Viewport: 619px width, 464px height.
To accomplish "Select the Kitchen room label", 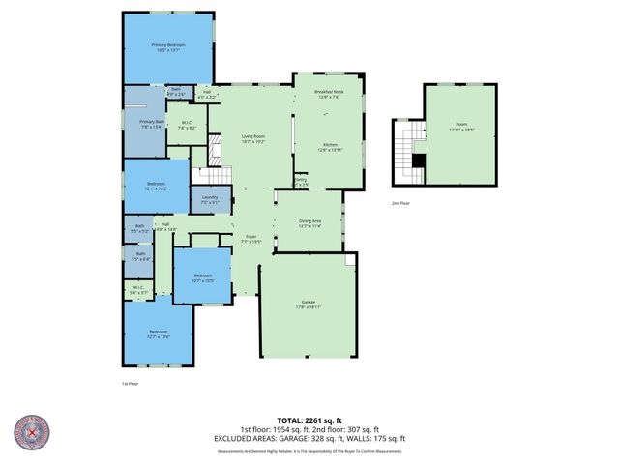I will coord(329,147).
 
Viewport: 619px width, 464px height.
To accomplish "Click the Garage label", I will coord(309,304).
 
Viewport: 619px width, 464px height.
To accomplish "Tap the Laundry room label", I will coord(210,200).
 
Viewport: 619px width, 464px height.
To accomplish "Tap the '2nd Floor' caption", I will coord(400,204).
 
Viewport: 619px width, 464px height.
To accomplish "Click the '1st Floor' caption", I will coord(132,384).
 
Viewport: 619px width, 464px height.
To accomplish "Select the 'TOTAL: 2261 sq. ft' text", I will coord(309,420).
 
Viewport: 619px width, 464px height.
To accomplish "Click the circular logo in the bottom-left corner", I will coord(33,433).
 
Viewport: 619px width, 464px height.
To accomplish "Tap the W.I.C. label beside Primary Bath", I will coord(189,126).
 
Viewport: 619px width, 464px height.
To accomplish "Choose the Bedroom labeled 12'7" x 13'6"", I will coord(158,334).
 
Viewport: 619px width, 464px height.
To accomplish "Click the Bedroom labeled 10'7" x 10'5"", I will coord(202,277).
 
